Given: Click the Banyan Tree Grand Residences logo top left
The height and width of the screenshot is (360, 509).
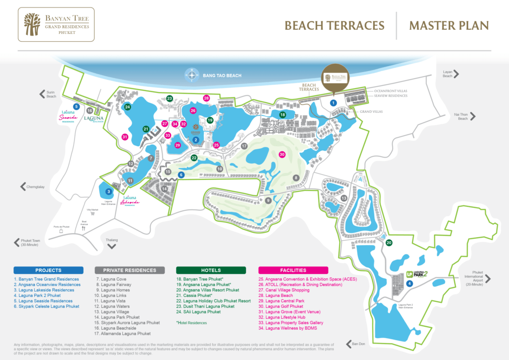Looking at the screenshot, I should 54,24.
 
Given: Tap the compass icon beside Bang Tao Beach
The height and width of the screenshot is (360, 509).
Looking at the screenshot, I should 192,76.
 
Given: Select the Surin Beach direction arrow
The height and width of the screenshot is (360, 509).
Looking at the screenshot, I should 43,93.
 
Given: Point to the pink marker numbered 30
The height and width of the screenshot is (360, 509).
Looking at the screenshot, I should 282,155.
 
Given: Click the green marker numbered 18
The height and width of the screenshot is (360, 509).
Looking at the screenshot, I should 282,115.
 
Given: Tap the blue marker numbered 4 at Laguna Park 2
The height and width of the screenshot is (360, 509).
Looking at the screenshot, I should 409,283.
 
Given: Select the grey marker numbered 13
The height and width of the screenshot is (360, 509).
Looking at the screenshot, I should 343,198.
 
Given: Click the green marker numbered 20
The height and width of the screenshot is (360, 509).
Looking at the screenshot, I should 389,243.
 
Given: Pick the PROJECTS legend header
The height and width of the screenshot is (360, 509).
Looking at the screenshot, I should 48,270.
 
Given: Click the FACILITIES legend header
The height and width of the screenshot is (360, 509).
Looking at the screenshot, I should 293,270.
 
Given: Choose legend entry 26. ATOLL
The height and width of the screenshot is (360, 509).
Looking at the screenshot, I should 300,285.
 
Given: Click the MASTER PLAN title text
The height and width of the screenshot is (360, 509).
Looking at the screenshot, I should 448,26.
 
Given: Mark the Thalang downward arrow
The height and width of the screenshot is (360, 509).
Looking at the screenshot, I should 113,245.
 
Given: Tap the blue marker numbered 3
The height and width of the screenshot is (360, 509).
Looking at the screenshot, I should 108,191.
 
